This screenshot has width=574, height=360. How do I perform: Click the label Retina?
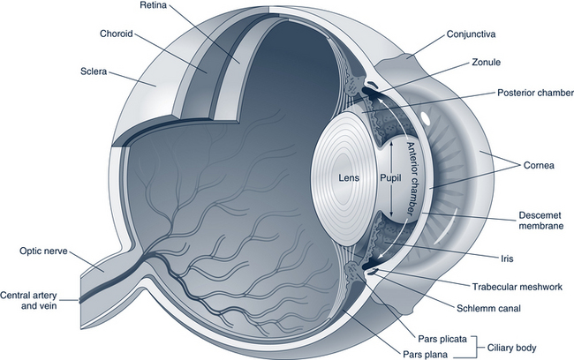(x=155, y=6)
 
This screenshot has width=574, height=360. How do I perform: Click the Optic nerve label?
(x=38, y=251)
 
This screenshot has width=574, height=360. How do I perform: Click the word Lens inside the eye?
(x=349, y=176)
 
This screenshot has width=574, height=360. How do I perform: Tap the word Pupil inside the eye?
(x=390, y=176)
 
